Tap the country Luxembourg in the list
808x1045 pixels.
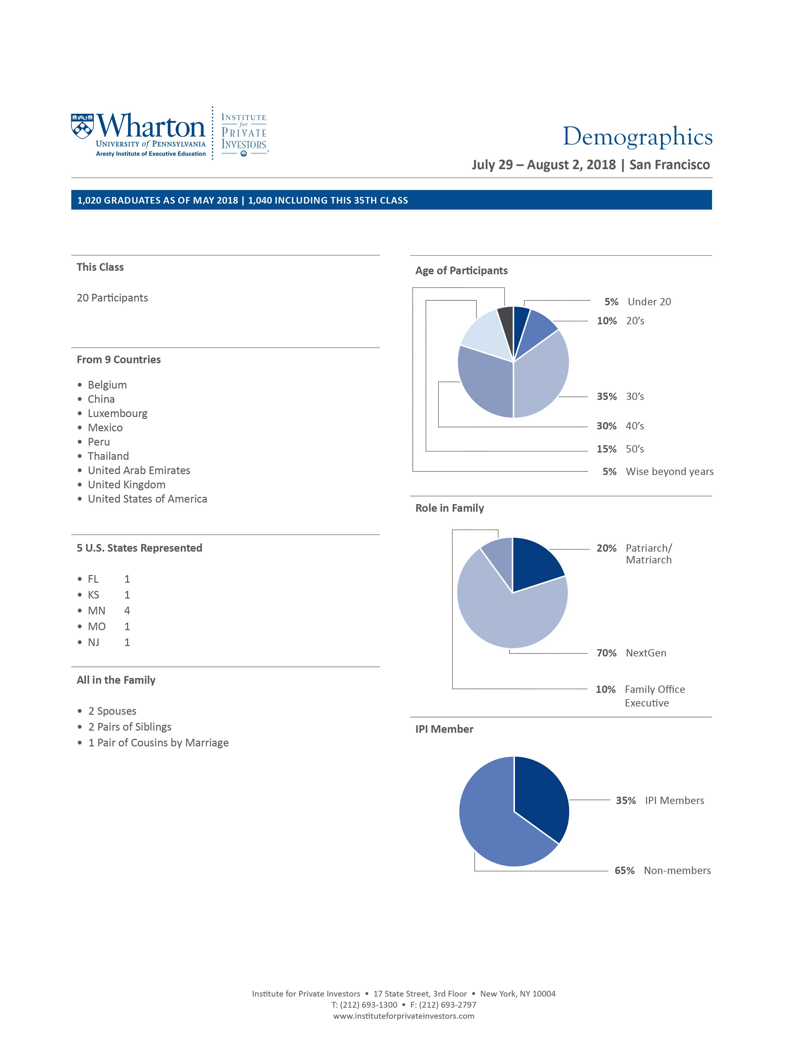point(117,413)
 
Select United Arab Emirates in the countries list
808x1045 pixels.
point(139,470)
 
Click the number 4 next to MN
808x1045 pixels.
point(127,611)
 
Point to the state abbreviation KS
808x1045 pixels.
point(93,595)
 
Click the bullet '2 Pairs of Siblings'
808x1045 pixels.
point(129,727)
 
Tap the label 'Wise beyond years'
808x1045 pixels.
point(669,472)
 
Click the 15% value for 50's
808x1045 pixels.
point(606,449)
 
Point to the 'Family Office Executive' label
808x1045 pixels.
point(654,696)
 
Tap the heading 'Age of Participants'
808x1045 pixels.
point(461,271)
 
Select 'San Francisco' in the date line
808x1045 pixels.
point(669,165)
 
